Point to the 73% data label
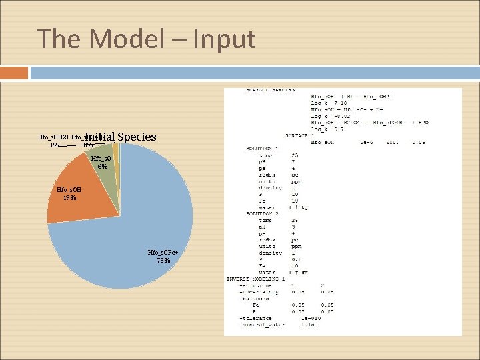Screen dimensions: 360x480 coord(163,261)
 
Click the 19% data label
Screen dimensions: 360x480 coord(69,198)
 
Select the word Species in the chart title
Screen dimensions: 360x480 coord(136,137)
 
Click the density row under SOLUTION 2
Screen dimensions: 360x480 coord(271,253)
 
